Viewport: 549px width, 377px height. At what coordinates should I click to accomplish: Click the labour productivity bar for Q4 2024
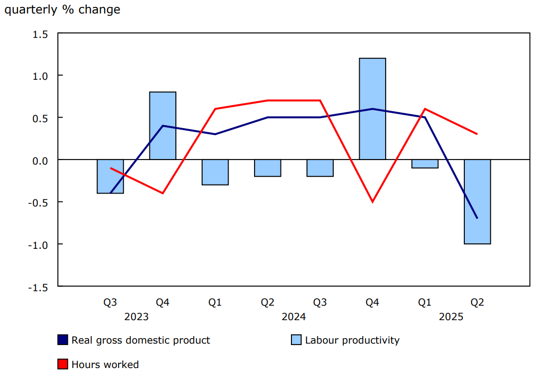click(x=373, y=109)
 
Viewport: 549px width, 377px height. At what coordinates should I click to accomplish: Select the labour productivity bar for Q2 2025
click(x=477, y=202)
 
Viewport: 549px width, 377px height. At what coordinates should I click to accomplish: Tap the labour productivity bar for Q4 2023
click(x=163, y=126)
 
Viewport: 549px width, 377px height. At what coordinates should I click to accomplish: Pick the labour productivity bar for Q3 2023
click(x=110, y=177)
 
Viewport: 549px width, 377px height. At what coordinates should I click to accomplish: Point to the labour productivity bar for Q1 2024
click(x=215, y=172)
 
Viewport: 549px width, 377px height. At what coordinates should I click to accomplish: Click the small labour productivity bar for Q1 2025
click(x=425, y=164)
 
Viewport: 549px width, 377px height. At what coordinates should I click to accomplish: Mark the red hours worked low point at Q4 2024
click(x=373, y=202)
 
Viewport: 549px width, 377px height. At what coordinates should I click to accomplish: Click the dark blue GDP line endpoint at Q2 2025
click(x=477, y=218)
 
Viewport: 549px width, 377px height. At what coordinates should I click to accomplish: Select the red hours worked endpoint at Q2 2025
click(x=477, y=134)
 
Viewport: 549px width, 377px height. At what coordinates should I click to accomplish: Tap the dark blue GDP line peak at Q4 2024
click(x=373, y=109)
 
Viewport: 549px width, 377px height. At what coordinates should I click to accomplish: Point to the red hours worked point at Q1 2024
click(x=215, y=109)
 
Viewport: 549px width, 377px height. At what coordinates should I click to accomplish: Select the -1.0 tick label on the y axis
click(x=39, y=245)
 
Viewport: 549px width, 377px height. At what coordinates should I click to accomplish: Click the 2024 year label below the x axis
click(x=293, y=317)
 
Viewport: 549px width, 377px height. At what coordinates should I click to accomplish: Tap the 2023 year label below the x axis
click(x=137, y=317)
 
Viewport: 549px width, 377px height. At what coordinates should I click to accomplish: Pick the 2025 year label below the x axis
click(x=451, y=317)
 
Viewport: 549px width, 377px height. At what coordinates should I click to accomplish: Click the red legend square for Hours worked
click(x=63, y=365)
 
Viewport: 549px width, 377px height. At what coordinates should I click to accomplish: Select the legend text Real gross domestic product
click(x=140, y=341)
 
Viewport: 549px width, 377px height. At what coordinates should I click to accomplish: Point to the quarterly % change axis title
click(x=62, y=9)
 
